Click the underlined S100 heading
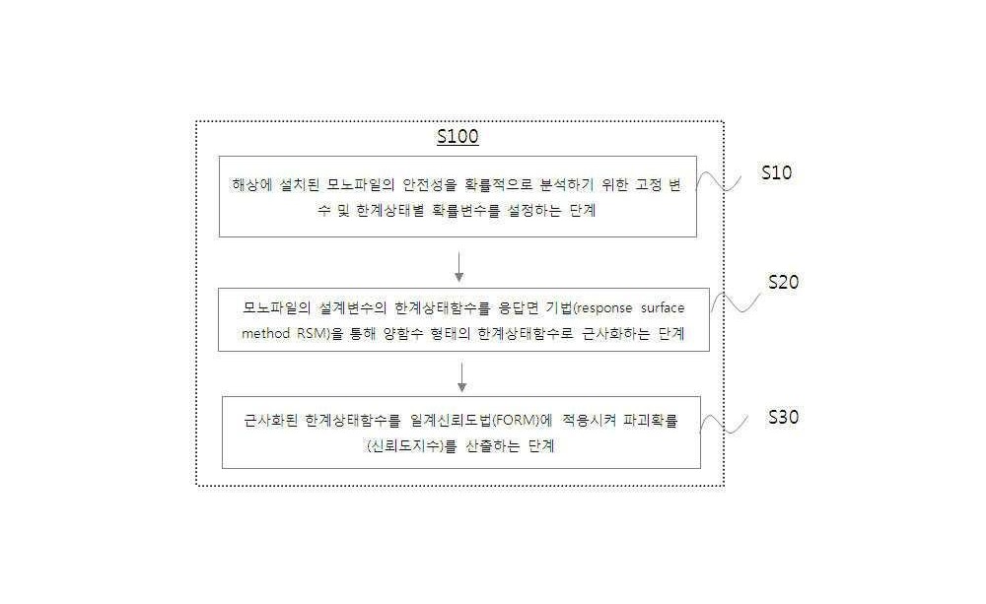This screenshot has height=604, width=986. point(458,136)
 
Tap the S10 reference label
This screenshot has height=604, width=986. point(777,172)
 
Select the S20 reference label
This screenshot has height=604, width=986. point(784,282)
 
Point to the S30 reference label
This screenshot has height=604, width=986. point(784,417)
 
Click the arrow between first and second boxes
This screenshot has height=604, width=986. point(459,267)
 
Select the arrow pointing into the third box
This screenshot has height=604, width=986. point(461,377)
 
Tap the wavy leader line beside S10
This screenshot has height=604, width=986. point(719,181)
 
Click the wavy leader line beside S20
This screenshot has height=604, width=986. point(736,302)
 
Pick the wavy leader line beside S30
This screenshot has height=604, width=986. point(724,424)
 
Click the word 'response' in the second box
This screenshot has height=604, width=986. point(604,308)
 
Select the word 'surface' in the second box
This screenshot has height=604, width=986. point(663,308)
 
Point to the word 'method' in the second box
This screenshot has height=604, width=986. point(266,333)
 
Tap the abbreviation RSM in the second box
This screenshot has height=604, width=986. point(312,333)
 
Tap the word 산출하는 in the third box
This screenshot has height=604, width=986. point(492,445)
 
